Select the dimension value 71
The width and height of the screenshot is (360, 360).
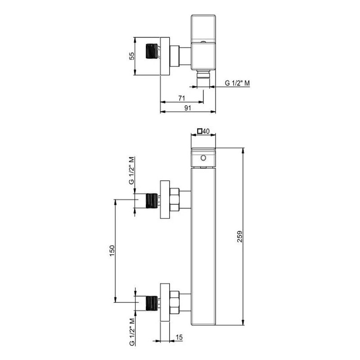[x=182, y=97]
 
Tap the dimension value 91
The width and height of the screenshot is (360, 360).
[x=188, y=108]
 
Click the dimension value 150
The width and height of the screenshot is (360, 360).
[x=112, y=250]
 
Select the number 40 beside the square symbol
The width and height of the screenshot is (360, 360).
[x=207, y=131]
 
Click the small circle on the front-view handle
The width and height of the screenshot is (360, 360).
[x=203, y=158]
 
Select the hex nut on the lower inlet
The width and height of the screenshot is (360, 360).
[x=175, y=303]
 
